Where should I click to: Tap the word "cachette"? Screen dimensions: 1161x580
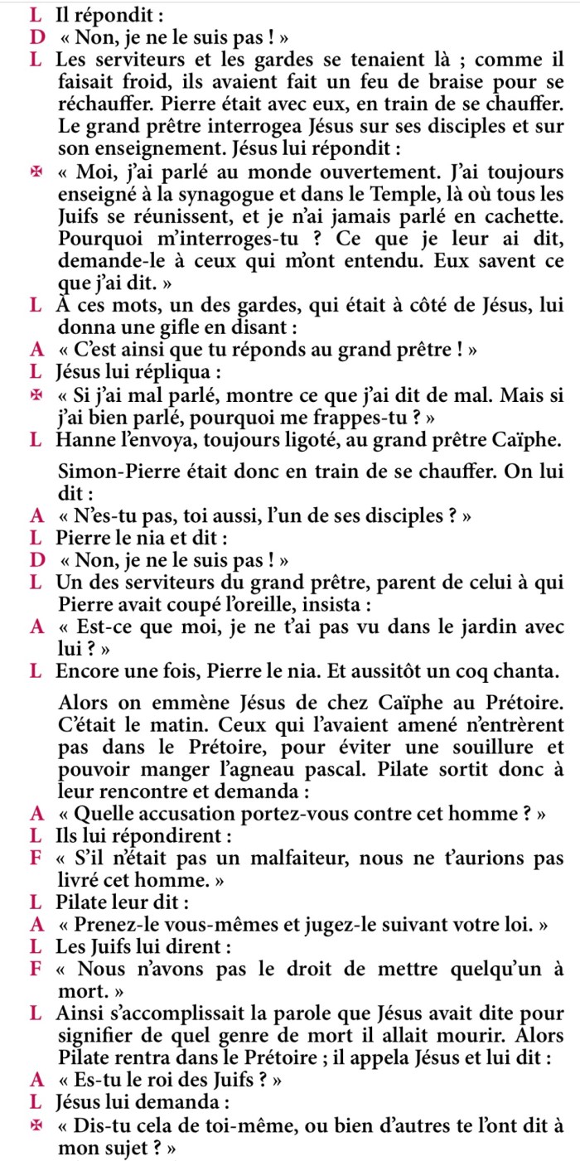[526, 217]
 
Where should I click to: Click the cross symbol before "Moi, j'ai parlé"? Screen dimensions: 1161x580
[35, 174]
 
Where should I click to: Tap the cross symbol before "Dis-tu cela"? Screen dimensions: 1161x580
[35, 1126]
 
